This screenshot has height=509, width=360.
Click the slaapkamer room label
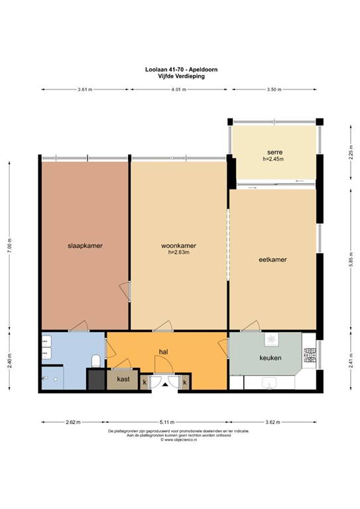[x=84, y=245]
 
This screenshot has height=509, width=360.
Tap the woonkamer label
[x=178, y=245]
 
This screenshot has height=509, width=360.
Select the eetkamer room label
[x=272, y=260]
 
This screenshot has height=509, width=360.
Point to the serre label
[x=272, y=152]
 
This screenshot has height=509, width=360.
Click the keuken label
[x=270, y=358]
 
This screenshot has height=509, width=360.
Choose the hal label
[x=162, y=352]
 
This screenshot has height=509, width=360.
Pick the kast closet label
[x=123, y=379]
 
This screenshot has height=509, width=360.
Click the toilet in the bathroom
[x=97, y=361]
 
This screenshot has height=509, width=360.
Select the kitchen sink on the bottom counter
[x=270, y=382]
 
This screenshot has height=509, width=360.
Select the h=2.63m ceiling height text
[x=178, y=253]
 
